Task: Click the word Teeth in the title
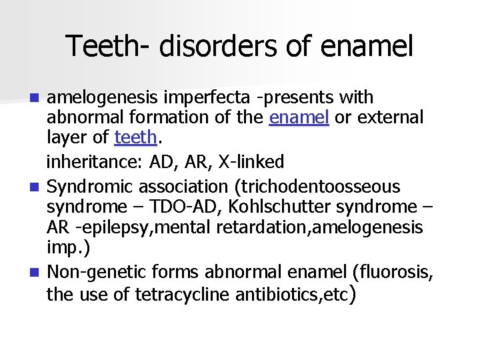click(99, 46)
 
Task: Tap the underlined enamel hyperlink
click(299, 118)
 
